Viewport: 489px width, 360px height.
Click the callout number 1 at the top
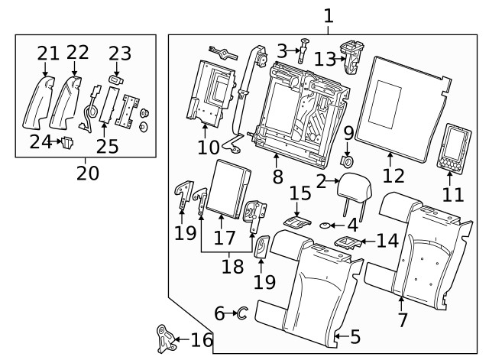click(329, 15)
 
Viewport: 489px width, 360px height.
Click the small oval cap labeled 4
click(326, 225)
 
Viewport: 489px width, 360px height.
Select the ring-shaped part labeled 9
click(348, 161)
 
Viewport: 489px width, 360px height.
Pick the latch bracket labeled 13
click(353, 56)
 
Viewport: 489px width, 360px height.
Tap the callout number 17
click(223, 238)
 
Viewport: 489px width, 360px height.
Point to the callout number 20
click(87, 174)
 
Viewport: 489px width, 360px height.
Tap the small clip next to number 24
click(66, 141)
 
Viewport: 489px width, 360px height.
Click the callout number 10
click(209, 146)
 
